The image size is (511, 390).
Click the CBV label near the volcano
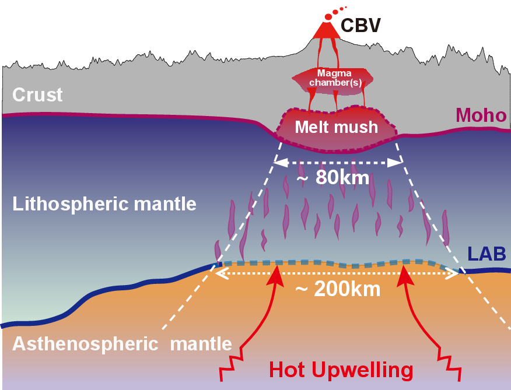pos(360,26)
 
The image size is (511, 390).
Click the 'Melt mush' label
pos(336,127)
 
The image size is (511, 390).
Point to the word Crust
pos(37,94)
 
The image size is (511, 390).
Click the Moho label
pos(481,115)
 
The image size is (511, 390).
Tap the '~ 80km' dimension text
pos(333,177)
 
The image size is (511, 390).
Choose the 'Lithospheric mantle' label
pos(104,204)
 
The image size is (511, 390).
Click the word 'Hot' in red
pos(288,370)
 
